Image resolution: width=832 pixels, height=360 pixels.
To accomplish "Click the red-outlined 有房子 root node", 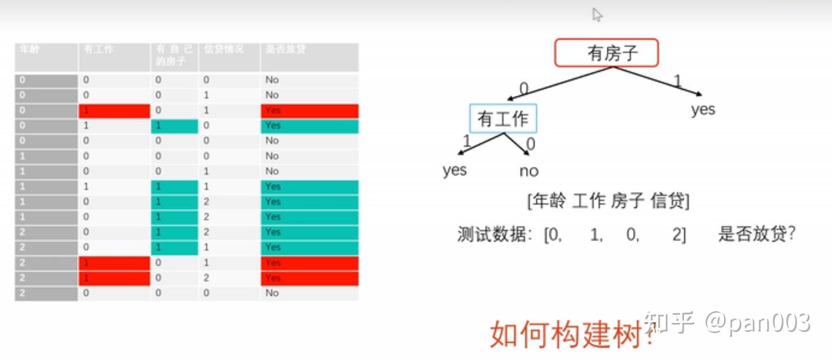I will [x=606, y=53].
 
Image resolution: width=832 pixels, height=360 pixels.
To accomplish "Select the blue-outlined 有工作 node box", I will [x=503, y=118].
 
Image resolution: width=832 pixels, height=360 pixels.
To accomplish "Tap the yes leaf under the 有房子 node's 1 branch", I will [x=703, y=110].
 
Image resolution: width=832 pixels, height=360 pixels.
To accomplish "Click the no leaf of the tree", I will [x=529, y=171].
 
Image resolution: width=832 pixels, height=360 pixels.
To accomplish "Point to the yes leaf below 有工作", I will [x=454, y=170].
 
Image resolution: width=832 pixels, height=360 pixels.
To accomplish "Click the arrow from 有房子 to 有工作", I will [x=559, y=83].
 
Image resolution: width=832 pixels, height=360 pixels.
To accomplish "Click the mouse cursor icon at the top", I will [x=597, y=15].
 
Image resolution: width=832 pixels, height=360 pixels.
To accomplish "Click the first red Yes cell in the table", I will [x=309, y=110].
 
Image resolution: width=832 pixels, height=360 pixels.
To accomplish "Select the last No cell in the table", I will [x=309, y=293].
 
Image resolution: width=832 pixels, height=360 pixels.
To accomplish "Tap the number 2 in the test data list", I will [x=678, y=236].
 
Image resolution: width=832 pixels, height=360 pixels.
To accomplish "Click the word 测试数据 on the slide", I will [x=490, y=236].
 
